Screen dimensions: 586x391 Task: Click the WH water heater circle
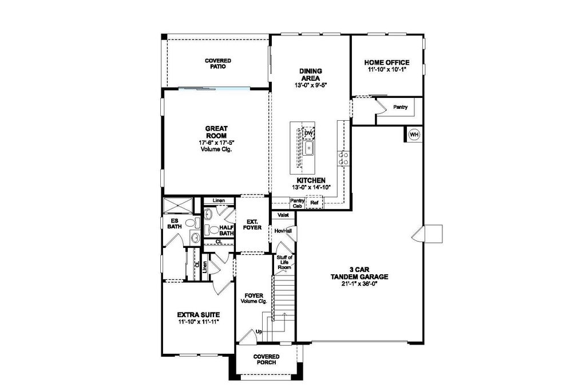coord(414,135)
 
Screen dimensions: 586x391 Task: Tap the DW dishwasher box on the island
coord(308,133)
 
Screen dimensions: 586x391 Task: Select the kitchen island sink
coord(309,149)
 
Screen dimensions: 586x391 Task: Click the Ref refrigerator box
coord(315,203)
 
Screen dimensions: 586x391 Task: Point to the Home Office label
coord(387,62)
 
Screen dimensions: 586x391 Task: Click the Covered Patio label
coord(218,64)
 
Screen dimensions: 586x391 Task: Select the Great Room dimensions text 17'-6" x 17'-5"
coord(216,143)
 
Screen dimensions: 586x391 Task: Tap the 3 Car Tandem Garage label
coord(359,273)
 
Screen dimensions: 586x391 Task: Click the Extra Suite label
coord(199,315)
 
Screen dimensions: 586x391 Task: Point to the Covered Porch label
coord(267,359)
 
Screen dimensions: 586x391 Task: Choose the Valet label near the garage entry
coord(283,215)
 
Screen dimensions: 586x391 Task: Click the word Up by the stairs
coord(259,331)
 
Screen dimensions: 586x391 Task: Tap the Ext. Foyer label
coord(252,224)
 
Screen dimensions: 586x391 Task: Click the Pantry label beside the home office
coord(400,107)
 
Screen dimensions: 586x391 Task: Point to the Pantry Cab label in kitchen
coord(298,203)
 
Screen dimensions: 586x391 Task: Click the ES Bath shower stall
coord(178,206)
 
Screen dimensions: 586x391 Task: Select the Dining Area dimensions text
coord(311,85)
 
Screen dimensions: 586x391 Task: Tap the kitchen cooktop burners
coord(343,159)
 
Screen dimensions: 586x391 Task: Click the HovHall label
coord(283,231)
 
